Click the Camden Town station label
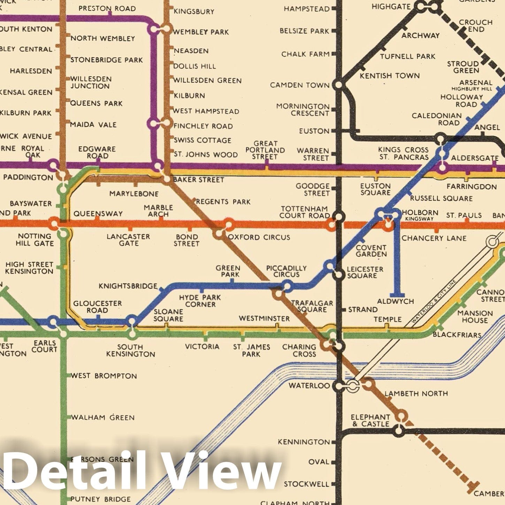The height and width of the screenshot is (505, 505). (300, 85)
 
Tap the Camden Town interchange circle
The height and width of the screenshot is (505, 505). (338, 85)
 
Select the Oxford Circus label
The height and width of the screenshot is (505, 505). (259, 237)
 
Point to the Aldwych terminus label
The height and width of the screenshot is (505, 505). (396, 301)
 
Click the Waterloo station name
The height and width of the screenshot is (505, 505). (309, 386)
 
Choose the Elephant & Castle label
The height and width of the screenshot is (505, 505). (370, 420)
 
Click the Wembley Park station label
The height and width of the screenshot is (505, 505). (201, 32)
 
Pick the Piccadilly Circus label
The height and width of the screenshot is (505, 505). (286, 271)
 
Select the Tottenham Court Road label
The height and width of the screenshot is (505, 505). (304, 212)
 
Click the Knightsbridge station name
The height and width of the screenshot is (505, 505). (128, 286)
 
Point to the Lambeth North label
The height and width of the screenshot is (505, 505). (416, 393)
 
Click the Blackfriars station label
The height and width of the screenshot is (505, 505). (457, 335)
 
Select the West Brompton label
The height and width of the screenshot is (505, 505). (104, 376)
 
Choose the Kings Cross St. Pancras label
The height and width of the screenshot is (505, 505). (404, 153)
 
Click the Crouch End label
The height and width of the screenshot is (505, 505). (475, 25)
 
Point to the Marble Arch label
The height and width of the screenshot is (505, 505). (158, 211)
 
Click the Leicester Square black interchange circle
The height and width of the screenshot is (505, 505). (338, 275)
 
